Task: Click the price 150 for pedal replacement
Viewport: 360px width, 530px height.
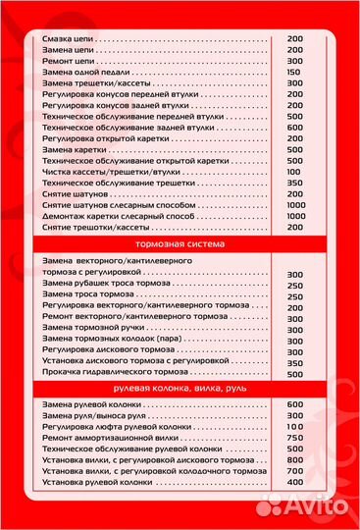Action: coord(293,73)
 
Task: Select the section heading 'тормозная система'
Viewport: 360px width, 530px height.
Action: coord(180,242)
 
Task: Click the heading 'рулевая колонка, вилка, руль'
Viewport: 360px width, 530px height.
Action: coord(180,390)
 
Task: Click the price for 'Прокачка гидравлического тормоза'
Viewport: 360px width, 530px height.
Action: coord(294,373)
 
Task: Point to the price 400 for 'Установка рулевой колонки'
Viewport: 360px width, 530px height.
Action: coord(294,483)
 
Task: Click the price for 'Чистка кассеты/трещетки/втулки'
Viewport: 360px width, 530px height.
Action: coord(294,171)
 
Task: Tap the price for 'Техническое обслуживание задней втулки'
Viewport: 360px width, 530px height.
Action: coord(294,127)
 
